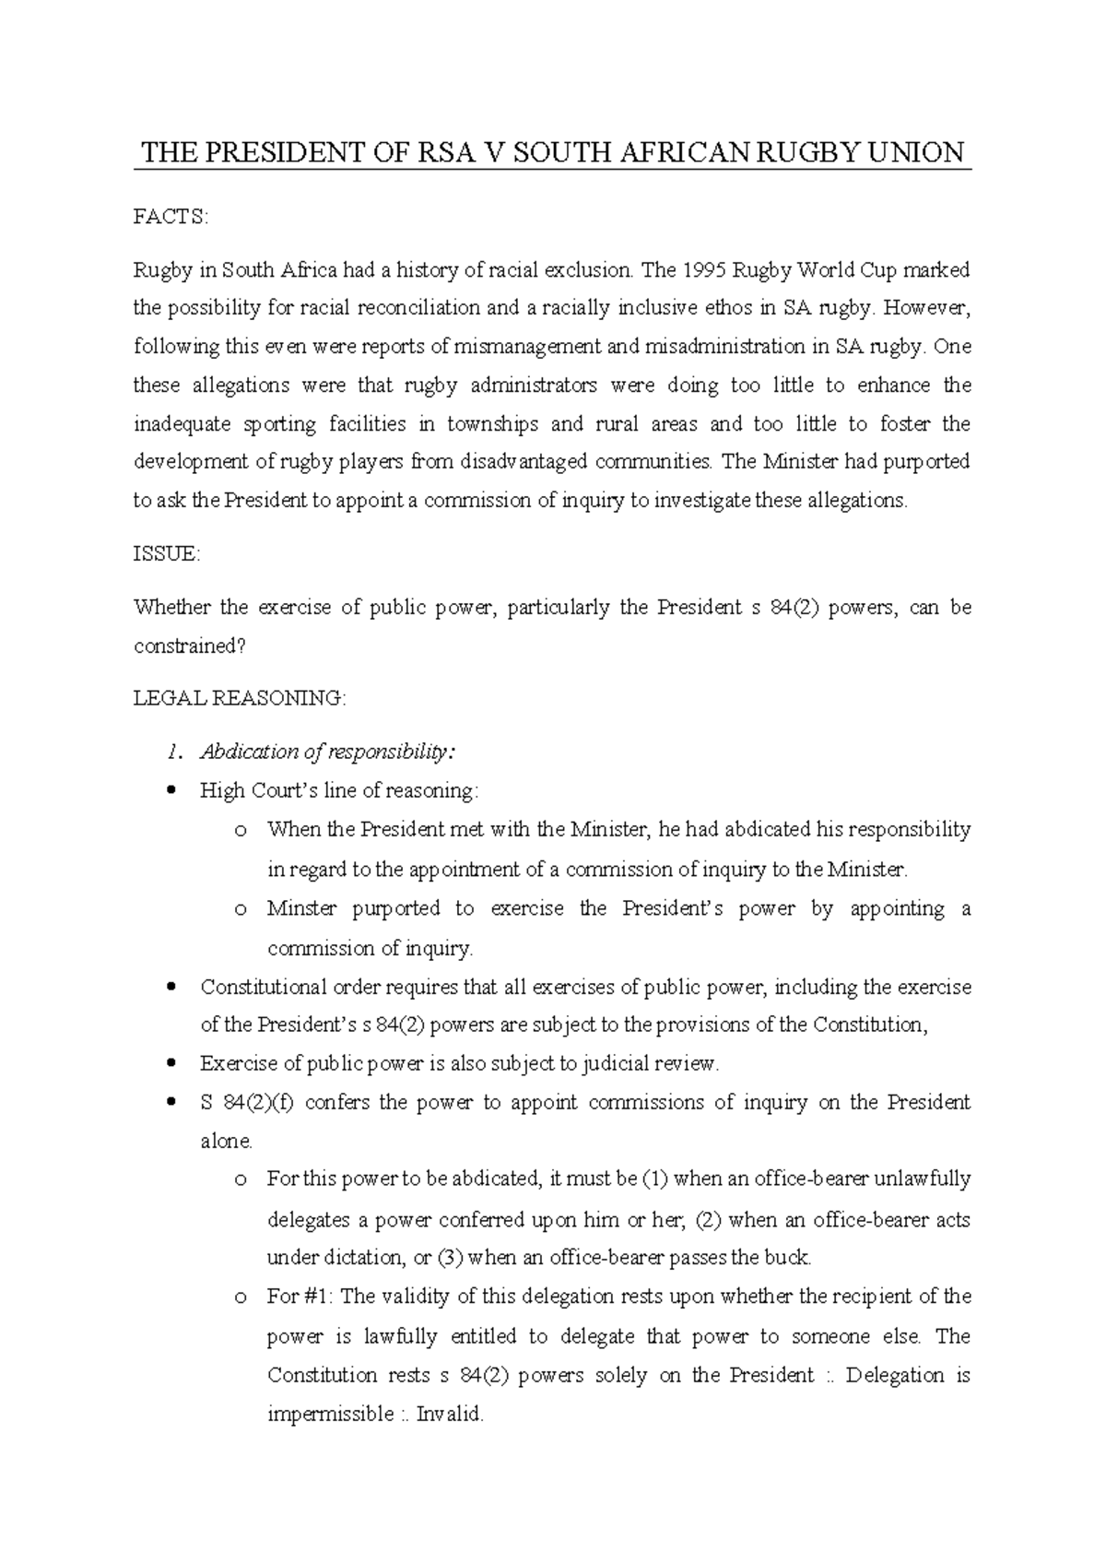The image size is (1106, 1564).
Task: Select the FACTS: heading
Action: point(171,217)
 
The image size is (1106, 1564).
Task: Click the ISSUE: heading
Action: point(167,554)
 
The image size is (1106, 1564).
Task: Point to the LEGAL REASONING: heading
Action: point(240,698)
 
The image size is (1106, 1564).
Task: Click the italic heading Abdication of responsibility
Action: point(327,752)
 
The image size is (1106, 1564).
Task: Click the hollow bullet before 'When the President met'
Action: point(241,831)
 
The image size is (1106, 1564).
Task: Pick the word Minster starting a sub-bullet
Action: point(301,909)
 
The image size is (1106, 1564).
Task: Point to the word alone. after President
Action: point(226,1142)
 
